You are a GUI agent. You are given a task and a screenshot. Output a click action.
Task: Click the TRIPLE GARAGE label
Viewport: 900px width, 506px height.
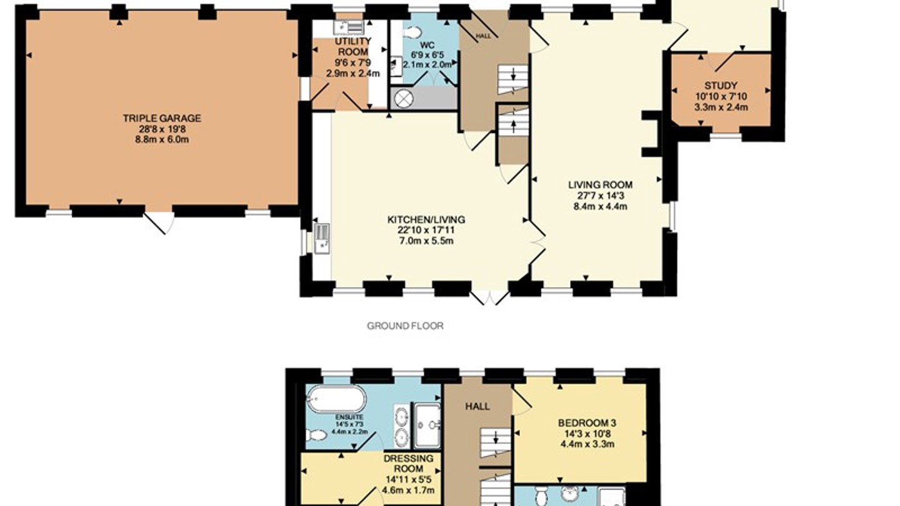[x=162, y=118]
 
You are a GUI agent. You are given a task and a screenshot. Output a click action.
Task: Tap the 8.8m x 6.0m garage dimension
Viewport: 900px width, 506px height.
[x=162, y=139]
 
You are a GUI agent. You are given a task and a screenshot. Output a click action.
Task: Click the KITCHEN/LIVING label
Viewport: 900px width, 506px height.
[x=426, y=219]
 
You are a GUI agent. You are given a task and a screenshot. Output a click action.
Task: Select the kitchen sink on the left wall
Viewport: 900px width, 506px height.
[x=322, y=238]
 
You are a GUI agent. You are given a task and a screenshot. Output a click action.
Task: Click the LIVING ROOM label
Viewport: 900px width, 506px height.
[x=600, y=185]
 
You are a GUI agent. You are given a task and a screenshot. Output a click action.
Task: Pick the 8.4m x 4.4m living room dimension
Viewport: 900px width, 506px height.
[x=600, y=207]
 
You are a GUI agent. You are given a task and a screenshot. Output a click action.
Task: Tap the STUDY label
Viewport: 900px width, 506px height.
[x=721, y=86]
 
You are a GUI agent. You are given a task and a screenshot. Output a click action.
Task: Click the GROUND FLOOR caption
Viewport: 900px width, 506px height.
[x=405, y=325]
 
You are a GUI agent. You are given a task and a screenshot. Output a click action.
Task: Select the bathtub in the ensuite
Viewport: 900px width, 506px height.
[x=336, y=398]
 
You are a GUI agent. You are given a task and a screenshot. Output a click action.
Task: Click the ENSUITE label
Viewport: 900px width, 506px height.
[x=349, y=417]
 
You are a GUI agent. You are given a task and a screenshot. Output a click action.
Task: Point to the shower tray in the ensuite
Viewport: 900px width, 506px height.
[x=427, y=425]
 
